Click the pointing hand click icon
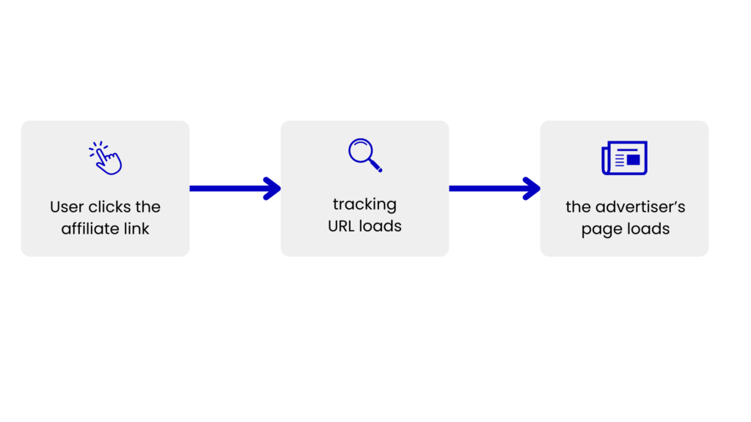click(x=106, y=158)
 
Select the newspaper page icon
click(x=625, y=158)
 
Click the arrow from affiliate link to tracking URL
click(x=235, y=188)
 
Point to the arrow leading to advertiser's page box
click(x=495, y=188)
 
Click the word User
click(x=67, y=207)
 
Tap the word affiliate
click(x=90, y=229)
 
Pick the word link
click(x=136, y=229)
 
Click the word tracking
click(x=365, y=205)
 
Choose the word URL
click(x=341, y=226)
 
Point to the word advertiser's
click(x=640, y=207)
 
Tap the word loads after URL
click(x=381, y=226)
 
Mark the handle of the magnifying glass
click(x=375, y=166)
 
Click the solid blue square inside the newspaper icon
click(x=633, y=160)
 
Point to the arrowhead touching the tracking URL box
click(x=272, y=188)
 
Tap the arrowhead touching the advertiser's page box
click(x=532, y=188)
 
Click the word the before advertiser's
click(x=579, y=207)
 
